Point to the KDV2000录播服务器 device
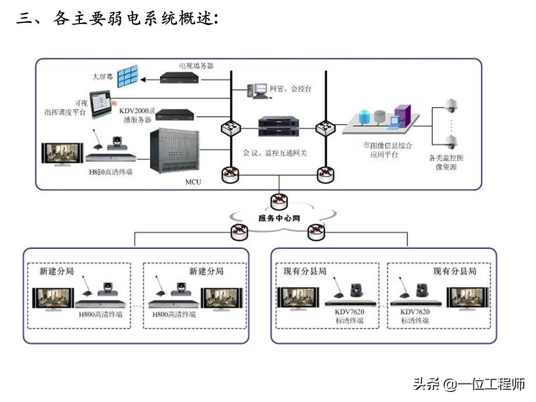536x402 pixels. click(x=175, y=115)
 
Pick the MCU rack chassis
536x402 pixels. click(x=175, y=151)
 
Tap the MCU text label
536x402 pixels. click(x=193, y=182)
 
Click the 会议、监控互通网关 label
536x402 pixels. click(x=275, y=152)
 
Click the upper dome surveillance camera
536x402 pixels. click(x=450, y=106)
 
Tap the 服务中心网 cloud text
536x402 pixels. click(x=279, y=218)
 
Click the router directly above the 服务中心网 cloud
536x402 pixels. click(x=279, y=199)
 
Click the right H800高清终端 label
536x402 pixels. click(x=174, y=314)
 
